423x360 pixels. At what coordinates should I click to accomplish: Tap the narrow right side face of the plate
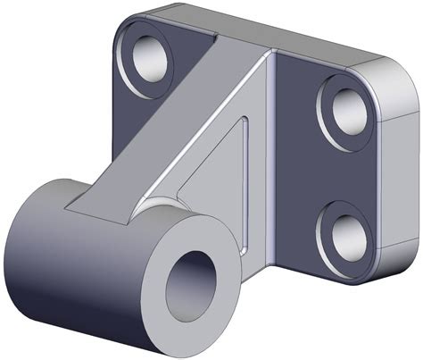pos(402,170)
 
